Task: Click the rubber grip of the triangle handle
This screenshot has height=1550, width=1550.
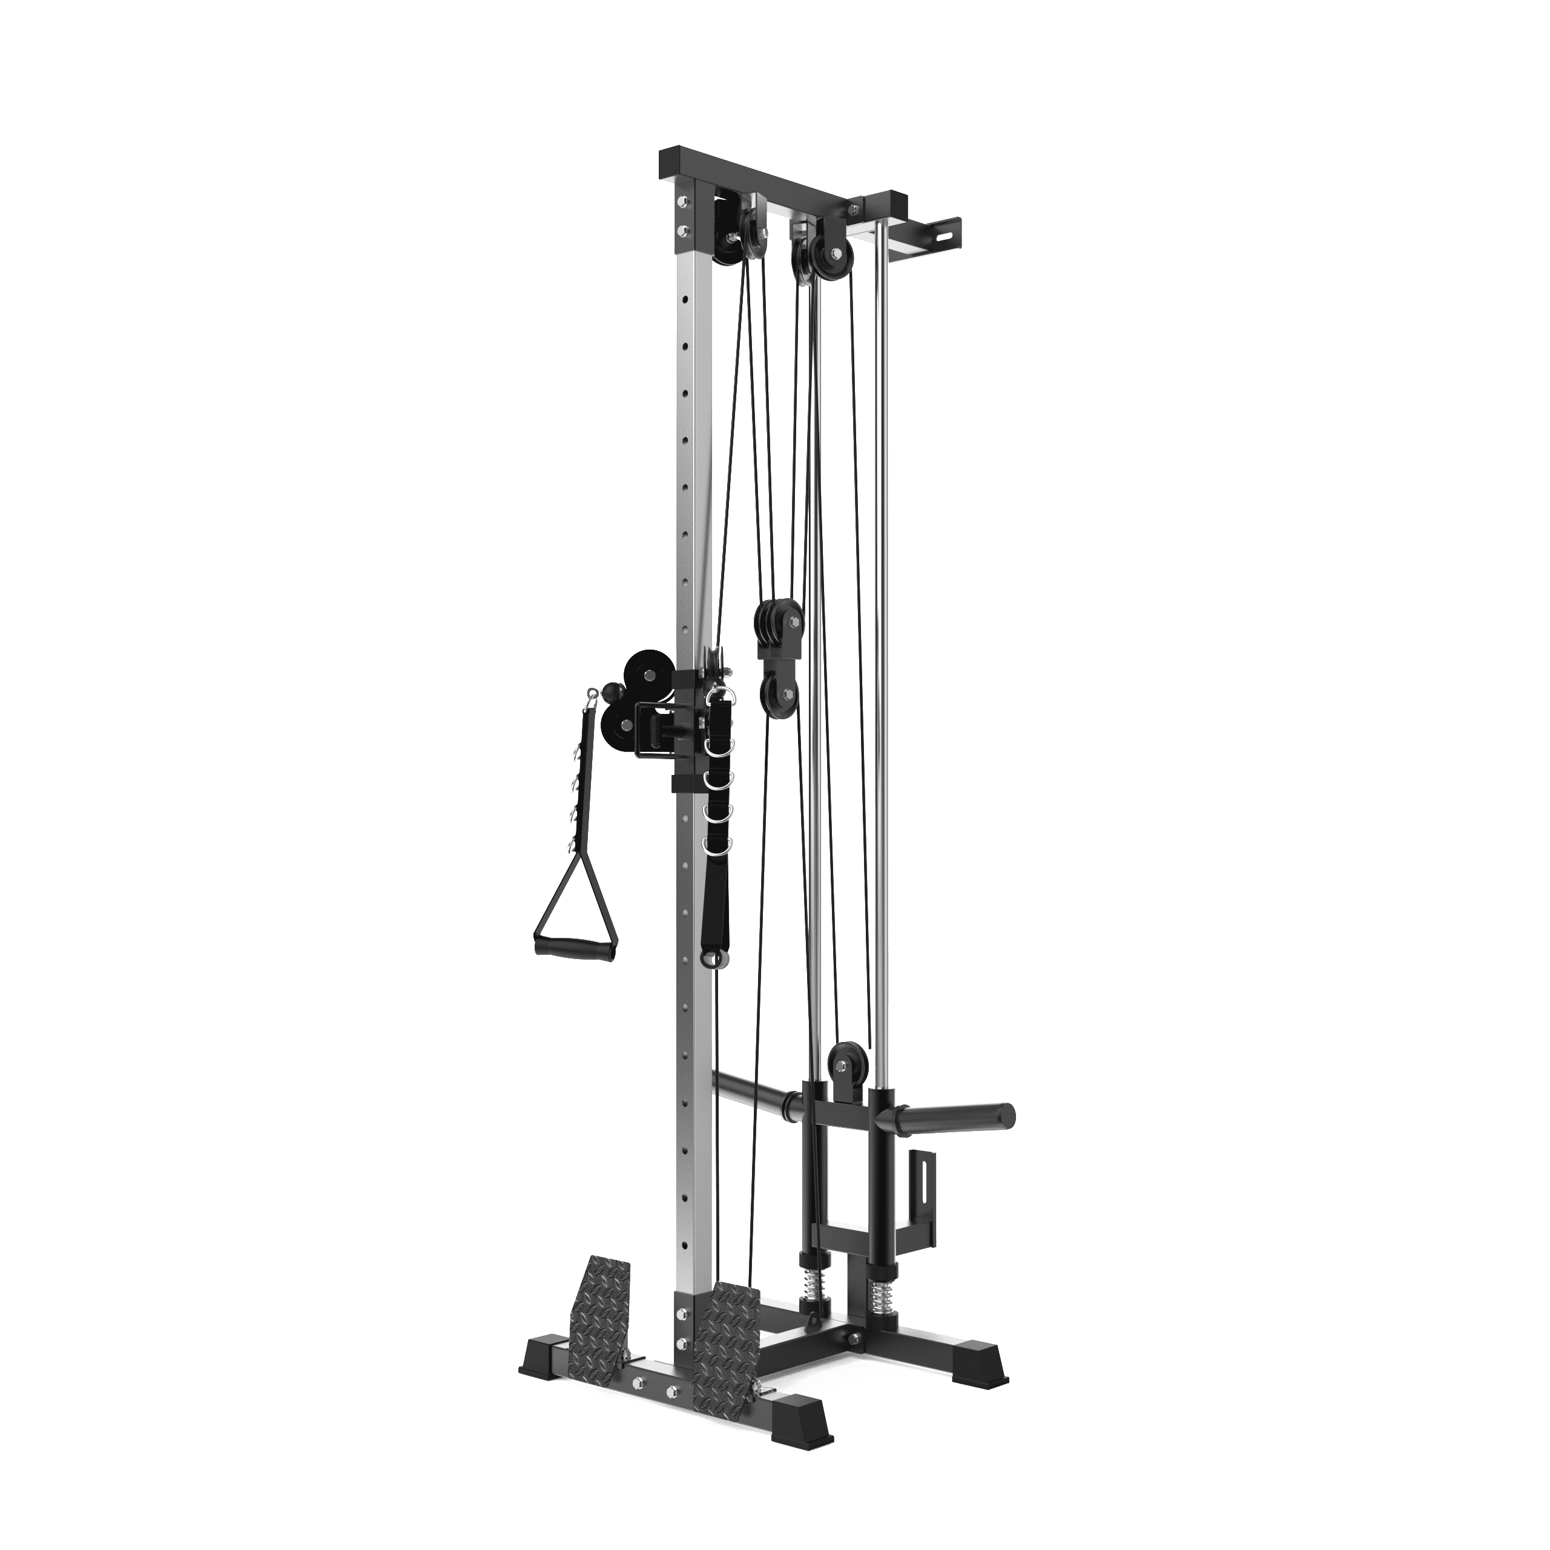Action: (576, 949)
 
